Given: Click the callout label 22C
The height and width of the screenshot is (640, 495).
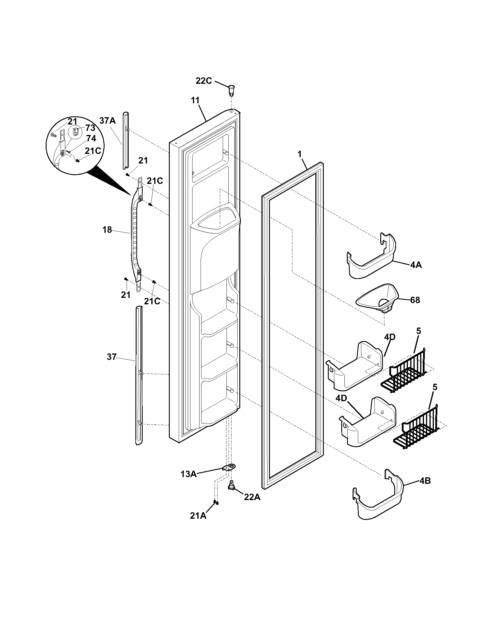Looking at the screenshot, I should [204, 81].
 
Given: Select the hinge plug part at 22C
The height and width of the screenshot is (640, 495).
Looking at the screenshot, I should [232, 89].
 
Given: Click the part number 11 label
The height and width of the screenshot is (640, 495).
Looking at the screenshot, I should [195, 100].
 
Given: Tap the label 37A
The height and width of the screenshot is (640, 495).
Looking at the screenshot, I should [107, 120].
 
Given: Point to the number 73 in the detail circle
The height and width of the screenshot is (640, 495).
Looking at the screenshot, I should [90, 128].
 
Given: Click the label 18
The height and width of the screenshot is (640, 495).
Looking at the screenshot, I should [107, 230].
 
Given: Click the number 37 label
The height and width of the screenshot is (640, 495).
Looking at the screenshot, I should [112, 357].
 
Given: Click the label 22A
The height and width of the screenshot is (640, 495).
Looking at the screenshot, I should [252, 497].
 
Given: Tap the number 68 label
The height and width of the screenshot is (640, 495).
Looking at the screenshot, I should [415, 300].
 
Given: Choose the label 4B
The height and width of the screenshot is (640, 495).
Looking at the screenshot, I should [425, 481].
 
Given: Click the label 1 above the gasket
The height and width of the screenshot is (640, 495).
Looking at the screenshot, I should [299, 154].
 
